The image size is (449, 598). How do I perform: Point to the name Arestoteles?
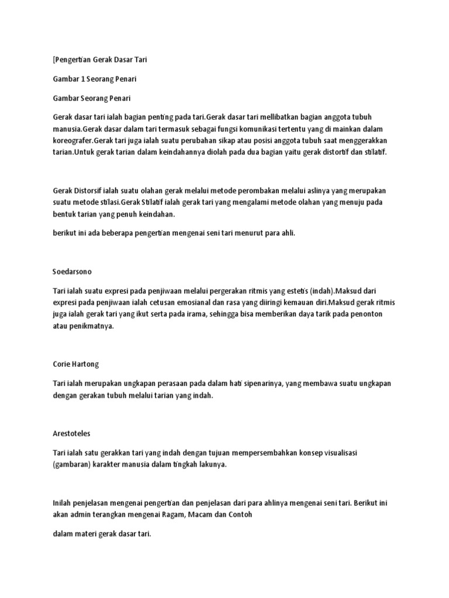pos(72,434)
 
